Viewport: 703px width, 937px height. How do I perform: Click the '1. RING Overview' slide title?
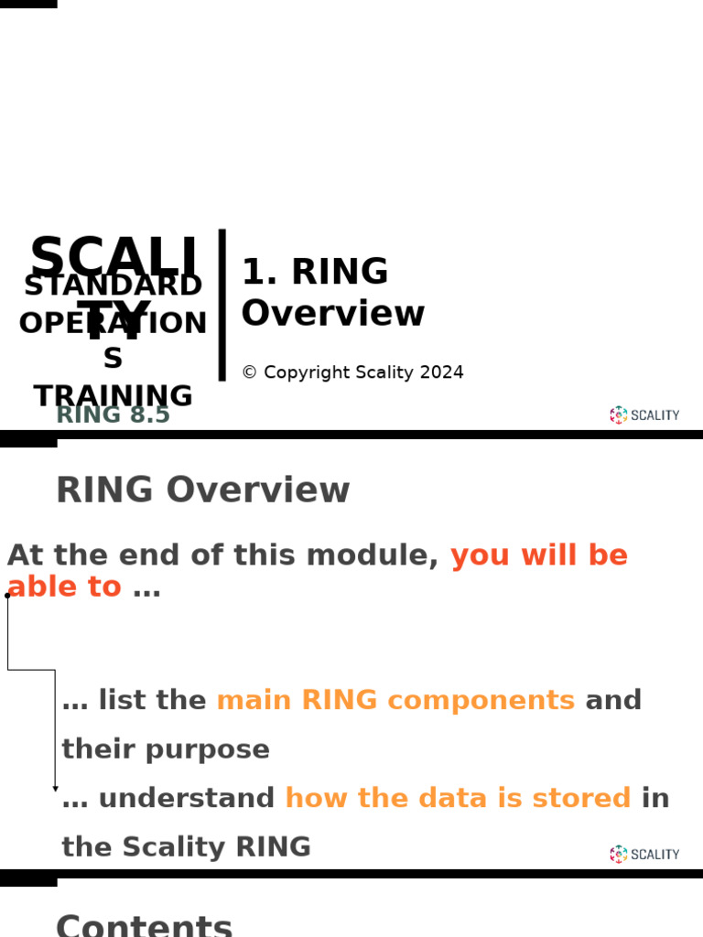point(332,292)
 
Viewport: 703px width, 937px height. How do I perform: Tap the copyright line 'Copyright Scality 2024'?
point(352,372)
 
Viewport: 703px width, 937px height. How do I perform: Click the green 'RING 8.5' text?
point(114,415)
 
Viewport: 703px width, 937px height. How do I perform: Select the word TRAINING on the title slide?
point(114,395)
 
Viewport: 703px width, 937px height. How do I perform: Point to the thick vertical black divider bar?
point(222,305)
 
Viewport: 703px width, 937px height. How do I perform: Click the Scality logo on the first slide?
point(644,415)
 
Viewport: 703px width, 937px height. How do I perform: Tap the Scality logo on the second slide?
point(644,854)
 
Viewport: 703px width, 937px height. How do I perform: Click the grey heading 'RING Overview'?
point(202,490)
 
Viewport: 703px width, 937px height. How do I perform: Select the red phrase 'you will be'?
point(539,555)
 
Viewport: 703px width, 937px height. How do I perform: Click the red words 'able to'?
point(64,587)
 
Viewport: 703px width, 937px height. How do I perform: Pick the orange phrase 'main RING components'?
point(395,700)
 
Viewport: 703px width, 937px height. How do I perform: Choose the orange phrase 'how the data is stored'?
point(458,798)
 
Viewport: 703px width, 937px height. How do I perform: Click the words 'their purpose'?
point(166,749)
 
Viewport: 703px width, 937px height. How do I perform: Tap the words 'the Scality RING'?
point(186,847)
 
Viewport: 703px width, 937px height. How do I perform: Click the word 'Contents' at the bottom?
point(145,924)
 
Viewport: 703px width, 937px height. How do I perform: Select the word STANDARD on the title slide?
point(114,285)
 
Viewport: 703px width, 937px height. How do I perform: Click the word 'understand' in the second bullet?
point(186,798)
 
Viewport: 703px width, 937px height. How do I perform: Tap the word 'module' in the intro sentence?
point(372,555)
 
